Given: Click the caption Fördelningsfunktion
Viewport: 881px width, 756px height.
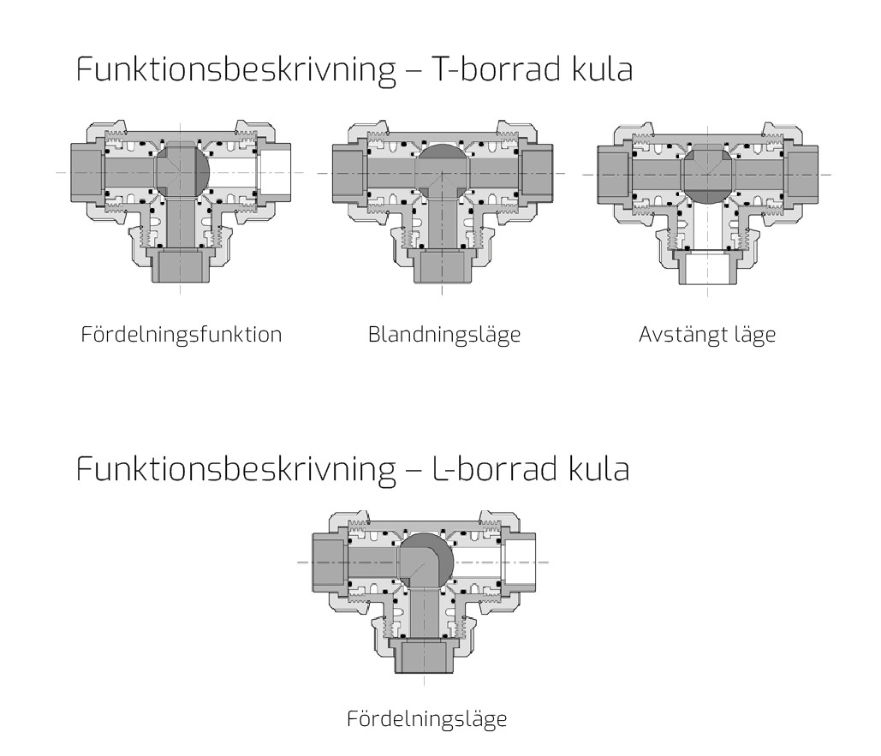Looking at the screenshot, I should point(181,334).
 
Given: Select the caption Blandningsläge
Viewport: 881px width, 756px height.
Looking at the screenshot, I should point(443,334).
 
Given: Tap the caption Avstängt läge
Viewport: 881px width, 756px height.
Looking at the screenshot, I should point(706,334).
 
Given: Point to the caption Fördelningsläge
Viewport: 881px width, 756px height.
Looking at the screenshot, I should point(426,718).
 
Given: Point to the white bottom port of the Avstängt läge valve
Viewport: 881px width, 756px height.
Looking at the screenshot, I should point(707,269).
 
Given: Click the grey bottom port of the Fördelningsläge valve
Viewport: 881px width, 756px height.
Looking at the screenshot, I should point(426,658).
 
